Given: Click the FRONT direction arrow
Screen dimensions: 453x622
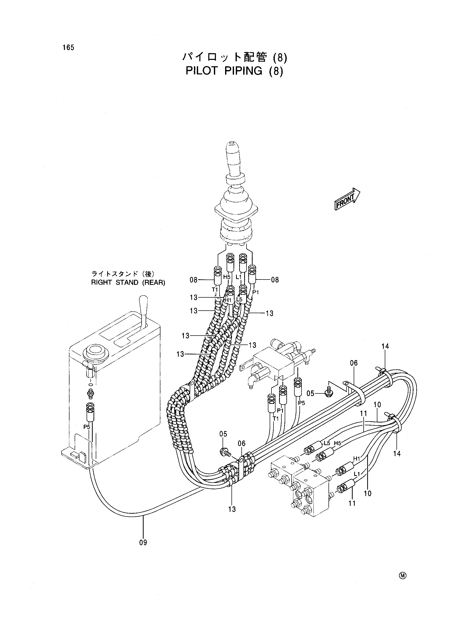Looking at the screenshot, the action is pos(347,199).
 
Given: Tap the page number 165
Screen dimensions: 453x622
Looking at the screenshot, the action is pos(68,47).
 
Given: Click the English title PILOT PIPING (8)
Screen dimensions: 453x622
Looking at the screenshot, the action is pos(234,71).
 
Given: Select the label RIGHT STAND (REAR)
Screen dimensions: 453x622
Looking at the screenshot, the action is pos(128,283).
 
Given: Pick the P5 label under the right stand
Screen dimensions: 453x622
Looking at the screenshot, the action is pos(87,427).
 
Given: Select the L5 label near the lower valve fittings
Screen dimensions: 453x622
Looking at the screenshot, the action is pos(327,443).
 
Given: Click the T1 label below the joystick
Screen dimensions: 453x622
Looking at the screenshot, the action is pos(214,289).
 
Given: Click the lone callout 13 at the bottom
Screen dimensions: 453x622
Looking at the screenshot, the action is pos(232,509).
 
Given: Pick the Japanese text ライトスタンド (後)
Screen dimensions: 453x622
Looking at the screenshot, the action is pos(123,274).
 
